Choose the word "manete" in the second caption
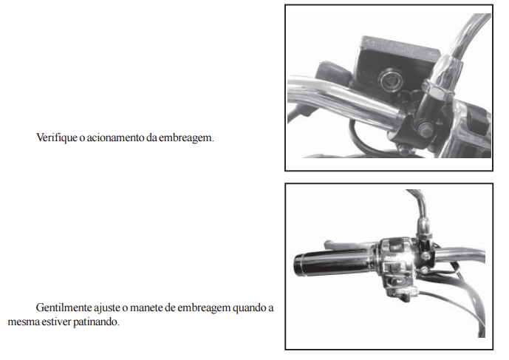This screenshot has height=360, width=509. (x=146, y=308)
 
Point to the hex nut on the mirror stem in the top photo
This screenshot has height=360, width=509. (x=439, y=90)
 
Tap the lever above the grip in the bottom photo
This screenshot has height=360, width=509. (x=351, y=245)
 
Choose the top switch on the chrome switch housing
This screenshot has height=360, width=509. (x=395, y=244)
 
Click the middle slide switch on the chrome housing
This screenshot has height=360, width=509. (x=394, y=268)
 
